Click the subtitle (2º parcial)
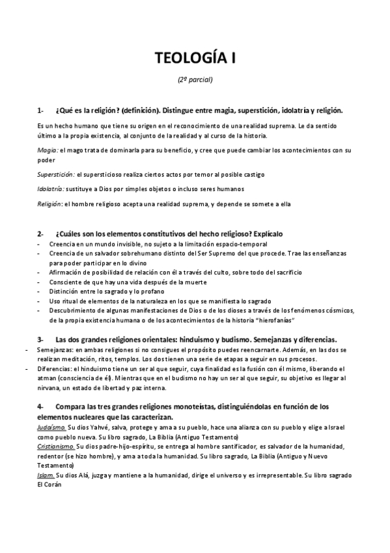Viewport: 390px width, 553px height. click(195, 81)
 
